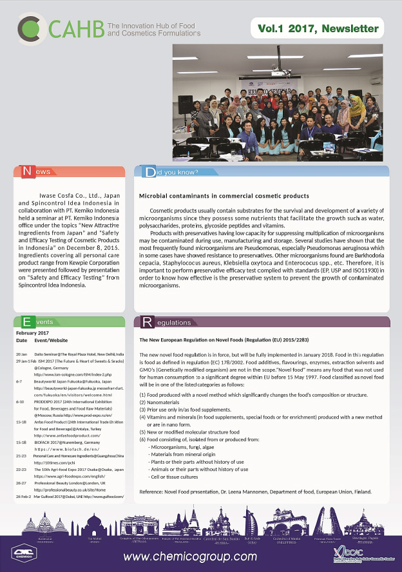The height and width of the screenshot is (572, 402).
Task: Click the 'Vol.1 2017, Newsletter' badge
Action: tap(318, 28)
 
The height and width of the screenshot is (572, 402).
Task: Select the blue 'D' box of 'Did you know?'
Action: tap(149, 171)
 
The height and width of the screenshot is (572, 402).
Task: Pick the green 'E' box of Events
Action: tap(28, 321)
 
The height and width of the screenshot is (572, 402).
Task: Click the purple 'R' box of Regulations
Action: tap(148, 321)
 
